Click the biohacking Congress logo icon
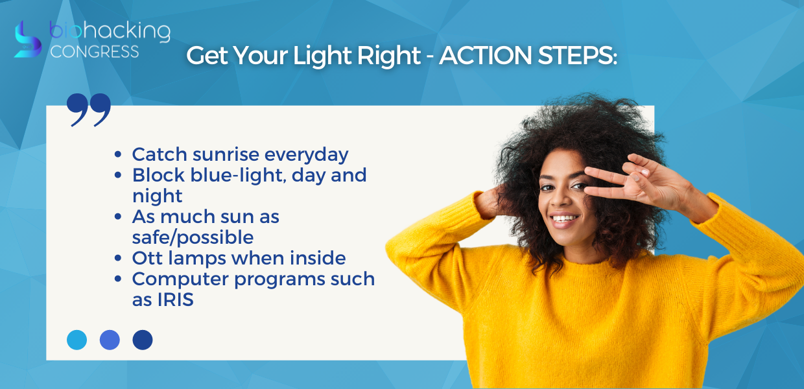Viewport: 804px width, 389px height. click(x=28, y=40)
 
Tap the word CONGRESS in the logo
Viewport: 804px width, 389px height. click(x=95, y=52)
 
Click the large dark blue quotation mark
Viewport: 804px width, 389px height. click(x=89, y=110)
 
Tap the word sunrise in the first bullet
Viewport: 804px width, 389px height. click(x=226, y=155)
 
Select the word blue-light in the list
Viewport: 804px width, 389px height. click(x=239, y=176)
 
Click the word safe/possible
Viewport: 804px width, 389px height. click(x=193, y=238)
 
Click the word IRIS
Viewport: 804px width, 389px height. click(x=176, y=300)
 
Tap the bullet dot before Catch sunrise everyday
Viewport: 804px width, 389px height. click(x=118, y=155)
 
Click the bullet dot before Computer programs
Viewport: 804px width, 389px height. click(x=118, y=279)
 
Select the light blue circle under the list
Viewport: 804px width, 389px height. click(x=77, y=340)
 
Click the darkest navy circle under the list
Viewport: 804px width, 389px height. click(x=143, y=340)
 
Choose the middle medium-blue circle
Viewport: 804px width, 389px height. click(x=110, y=340)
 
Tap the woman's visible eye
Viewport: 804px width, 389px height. click(x=549, y=187)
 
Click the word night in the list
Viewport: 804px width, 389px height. click(x=157, y=196)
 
